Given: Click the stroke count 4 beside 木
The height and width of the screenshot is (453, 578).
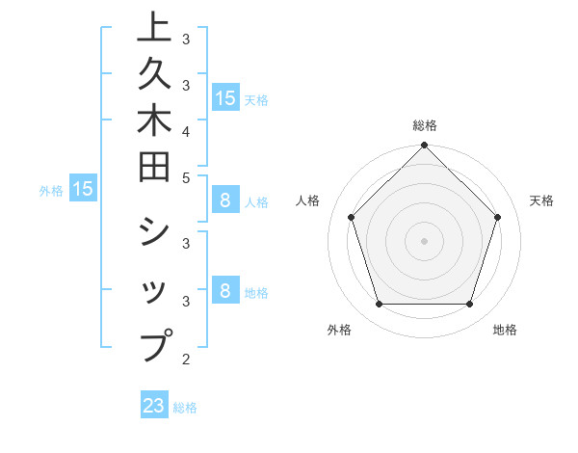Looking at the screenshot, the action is coord(186,130).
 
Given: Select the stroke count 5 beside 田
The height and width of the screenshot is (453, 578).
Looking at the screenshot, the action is coord(186,177).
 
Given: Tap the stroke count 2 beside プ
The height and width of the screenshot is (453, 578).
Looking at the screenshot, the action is coord(186,360).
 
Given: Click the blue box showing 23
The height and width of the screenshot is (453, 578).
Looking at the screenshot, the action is coord(154,406).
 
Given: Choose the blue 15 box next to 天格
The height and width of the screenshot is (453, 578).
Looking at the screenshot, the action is coord(224,97).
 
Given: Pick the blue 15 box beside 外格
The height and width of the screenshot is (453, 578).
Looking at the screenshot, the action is coord(83,189).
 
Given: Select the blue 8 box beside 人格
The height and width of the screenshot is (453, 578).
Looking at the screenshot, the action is coord(224,200).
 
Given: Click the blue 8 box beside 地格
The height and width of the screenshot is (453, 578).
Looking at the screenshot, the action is coord(224,290).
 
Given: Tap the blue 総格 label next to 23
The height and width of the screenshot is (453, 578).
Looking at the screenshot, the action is coord(185,408).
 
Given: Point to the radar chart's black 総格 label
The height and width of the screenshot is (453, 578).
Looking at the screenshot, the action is coord(424,125).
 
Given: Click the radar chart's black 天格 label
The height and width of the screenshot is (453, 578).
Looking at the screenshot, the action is coord(542,200).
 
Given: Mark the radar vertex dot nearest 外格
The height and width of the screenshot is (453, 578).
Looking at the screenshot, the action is coord(379,305).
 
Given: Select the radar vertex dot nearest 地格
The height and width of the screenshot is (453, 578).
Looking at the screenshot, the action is coord(469,305).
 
